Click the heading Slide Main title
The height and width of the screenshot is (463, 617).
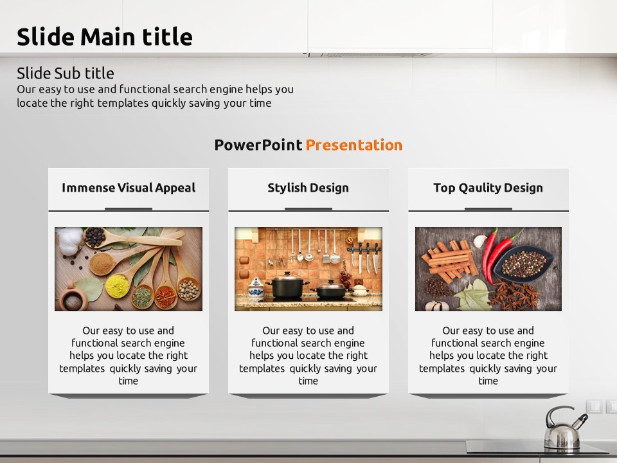tap(105, 37)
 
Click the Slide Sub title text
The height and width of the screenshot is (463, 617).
tap(66, 73)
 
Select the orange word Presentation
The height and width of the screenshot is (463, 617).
tap(353, 145)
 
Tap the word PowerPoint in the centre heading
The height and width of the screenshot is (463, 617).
tap(258, 145)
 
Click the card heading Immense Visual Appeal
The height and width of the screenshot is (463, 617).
tap(129, 188)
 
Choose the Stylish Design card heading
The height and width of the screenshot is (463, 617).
tap(308, 188)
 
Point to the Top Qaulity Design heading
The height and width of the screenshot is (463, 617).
tap(488, 188)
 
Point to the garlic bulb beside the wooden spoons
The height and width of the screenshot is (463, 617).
tap(69, 241)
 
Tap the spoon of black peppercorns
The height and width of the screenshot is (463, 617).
tap(96, 237)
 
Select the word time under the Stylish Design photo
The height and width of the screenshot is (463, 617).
tap(308, 381)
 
